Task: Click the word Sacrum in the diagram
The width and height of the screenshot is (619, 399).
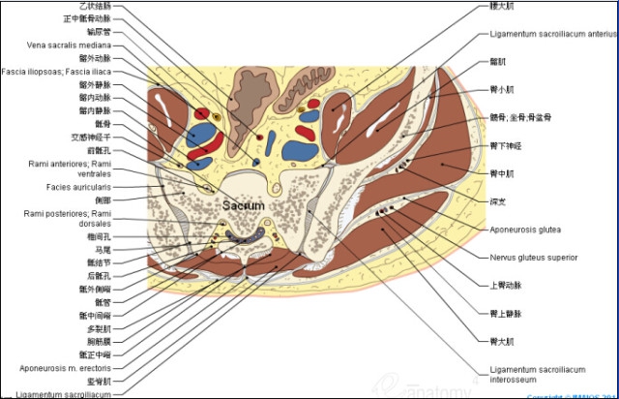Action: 243,205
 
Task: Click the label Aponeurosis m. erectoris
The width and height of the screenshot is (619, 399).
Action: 65,368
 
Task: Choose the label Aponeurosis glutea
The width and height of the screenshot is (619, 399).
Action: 525,230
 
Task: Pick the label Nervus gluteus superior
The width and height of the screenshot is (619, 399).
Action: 533,258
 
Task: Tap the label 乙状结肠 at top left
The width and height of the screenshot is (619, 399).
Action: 97,5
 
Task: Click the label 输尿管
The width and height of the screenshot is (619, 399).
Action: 100,31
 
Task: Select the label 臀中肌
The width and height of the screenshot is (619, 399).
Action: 501,173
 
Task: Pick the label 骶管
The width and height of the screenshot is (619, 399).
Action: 103,302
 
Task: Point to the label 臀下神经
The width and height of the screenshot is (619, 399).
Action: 506,145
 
